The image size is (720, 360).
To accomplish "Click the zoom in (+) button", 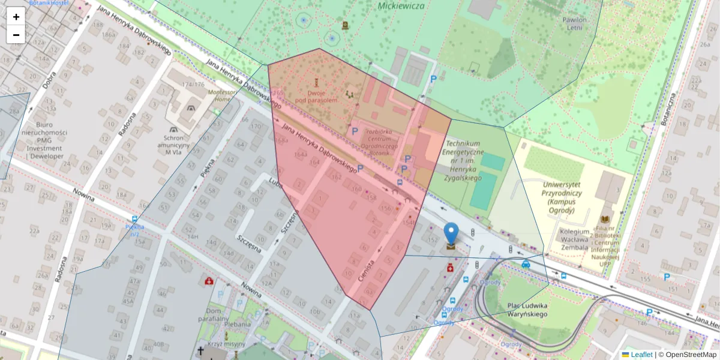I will [16, 16].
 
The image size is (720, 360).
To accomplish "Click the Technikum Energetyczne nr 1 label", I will [463, 161].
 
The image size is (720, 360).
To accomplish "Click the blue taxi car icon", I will [526, 263].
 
